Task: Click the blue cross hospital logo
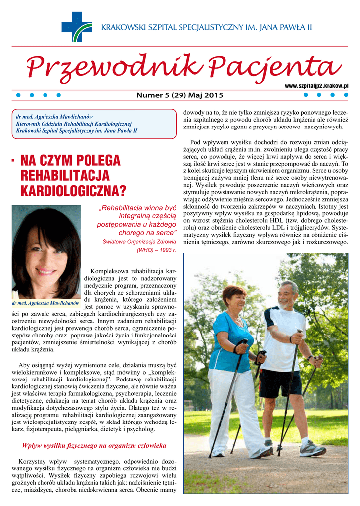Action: click(76, 27)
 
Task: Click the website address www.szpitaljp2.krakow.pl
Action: click(316, 86)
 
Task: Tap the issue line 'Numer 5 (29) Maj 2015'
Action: click(180, 95)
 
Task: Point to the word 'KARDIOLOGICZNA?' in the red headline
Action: click(73, 190)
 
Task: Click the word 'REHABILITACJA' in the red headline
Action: click(65, 175)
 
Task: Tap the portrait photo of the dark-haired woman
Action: click(45, 252)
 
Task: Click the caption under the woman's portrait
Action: click(45, 302)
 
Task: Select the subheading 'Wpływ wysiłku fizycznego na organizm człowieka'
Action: click(94, 446)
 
